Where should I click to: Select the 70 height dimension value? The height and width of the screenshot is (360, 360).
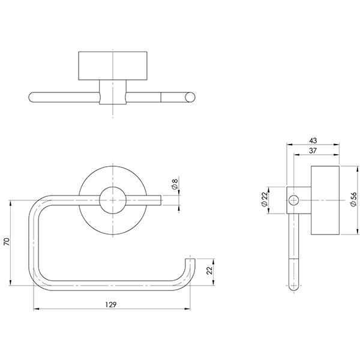[7, 242]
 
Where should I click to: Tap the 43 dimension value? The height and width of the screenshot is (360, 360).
[313, 140]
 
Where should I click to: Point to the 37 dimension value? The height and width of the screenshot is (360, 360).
[313, 152]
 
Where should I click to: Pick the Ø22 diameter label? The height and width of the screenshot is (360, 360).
[265, 200]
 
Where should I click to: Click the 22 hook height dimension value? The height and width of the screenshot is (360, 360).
[210, 271]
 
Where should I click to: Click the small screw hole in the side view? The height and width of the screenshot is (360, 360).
[293, 200]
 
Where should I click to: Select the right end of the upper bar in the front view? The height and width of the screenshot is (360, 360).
[157, 200]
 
